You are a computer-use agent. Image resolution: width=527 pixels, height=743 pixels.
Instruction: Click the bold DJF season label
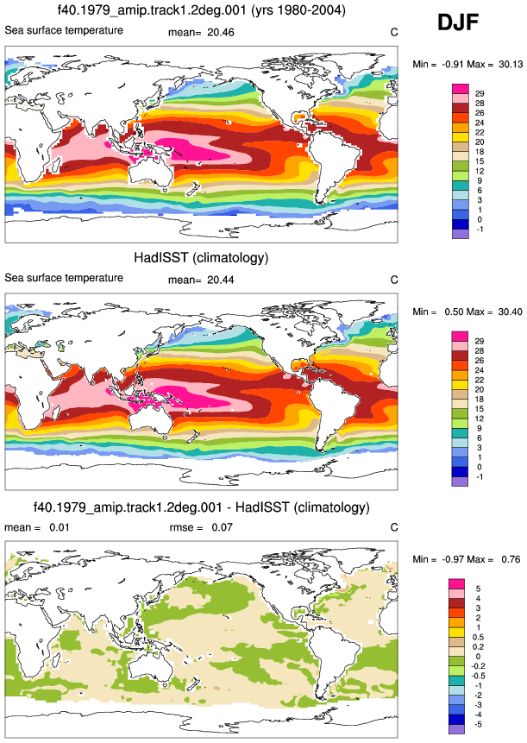pos(458,22)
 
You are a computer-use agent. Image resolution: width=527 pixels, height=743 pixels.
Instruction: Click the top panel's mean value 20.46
pos(221,33)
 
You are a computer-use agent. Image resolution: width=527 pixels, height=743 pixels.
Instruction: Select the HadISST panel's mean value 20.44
pos(221,280)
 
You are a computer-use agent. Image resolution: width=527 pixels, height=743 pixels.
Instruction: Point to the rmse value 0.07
pos(222,527)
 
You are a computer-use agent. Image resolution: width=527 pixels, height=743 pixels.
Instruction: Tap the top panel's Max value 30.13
pos(511,65)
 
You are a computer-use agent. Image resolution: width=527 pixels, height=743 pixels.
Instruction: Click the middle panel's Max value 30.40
pos(511,312)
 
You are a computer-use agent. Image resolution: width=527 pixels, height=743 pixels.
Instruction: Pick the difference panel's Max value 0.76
pos(511,559)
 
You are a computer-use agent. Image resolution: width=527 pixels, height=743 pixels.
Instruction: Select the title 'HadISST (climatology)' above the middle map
pos(201,258)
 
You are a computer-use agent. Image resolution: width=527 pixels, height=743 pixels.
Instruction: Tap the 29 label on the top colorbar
pos(480,94)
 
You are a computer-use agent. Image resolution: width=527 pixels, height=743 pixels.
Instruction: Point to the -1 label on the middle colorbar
pos(480,476)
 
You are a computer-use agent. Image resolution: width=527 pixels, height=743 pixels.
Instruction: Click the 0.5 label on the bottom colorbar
pos(478,638)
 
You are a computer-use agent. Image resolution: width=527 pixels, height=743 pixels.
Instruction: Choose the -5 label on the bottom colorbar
pos(477,725)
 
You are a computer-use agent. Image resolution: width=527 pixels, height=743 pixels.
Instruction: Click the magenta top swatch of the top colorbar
pos(461,89)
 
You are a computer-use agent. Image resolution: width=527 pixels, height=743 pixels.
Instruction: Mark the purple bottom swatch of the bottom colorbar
pos(456,729)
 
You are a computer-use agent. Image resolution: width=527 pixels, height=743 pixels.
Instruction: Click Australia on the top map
pos(151,173)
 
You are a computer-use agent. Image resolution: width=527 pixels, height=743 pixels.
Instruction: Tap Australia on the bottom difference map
pos(151,667)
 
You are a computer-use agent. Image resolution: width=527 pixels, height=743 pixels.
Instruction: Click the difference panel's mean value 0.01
pos(60,527)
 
